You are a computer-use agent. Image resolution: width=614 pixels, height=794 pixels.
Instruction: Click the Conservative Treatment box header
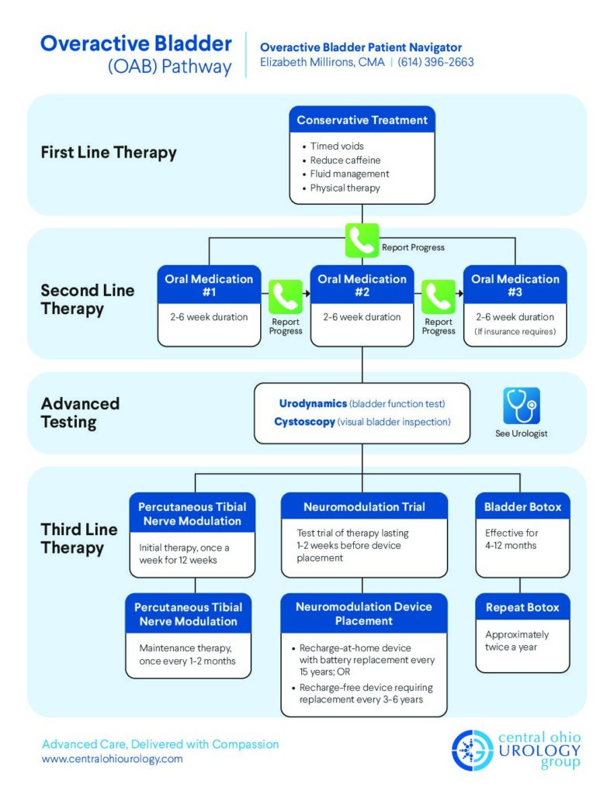[x=362, y=120]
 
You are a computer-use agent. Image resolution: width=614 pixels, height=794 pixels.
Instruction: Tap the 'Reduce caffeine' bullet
[x=345, y=160]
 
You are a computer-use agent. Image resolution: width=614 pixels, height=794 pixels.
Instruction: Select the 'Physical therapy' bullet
[x=345, y=188]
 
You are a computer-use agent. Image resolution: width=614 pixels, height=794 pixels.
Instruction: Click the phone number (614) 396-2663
[x=435, y=62]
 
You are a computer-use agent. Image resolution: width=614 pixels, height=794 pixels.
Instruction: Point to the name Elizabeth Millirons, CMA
[x=322, y=62]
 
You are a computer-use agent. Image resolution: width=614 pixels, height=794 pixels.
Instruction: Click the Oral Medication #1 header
[x=209, y=286]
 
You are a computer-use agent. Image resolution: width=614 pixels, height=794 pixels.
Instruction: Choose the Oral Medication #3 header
[x=515, y=286]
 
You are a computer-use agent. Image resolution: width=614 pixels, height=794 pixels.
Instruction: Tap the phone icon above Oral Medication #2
[x=362, y=240]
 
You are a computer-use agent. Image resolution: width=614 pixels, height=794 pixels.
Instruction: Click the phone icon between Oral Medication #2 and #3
[x=439, y=297]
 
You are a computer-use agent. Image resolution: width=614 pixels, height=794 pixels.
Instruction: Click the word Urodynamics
[x=313, y=403]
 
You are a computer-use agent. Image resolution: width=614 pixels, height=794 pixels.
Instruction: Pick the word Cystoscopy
[x=304, y=422]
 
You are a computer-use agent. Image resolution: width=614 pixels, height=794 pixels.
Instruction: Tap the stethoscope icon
[x=521, y=406]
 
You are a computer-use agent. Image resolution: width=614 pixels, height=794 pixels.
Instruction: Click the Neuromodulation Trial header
[x=364, y=506]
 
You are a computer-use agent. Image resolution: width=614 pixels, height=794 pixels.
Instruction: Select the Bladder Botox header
[x=522, y=506]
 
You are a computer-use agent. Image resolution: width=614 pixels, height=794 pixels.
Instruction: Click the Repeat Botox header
[x=522, y=606]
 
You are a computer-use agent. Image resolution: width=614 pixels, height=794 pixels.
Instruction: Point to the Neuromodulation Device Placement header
[x=364, y=613]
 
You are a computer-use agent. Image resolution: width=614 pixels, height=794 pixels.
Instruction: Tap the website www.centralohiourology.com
[x=112, y=759]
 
